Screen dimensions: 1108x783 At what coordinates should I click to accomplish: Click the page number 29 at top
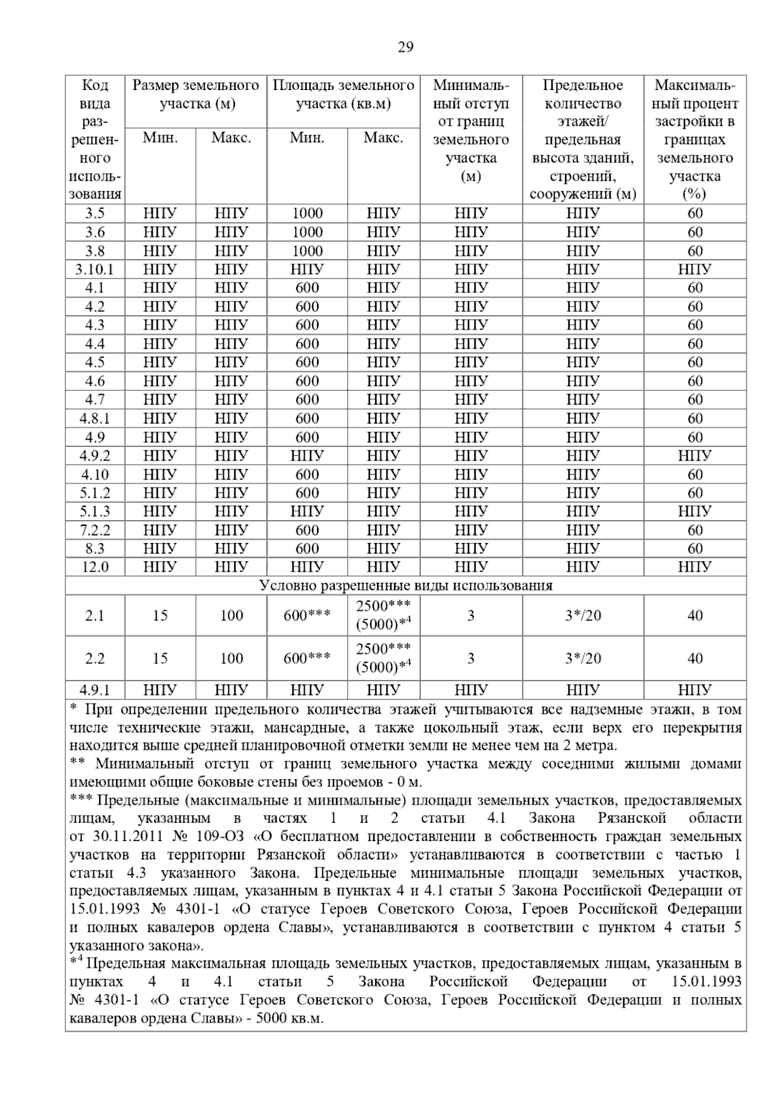point(405,47)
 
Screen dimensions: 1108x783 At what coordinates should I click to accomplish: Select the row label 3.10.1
point(95,269)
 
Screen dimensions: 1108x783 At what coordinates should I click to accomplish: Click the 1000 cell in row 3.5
point(307,213)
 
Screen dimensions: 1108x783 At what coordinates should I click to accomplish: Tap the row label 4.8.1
point(95,418)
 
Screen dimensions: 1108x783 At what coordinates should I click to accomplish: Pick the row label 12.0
point(95,567)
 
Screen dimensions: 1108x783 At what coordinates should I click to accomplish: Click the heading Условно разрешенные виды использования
point(405,585)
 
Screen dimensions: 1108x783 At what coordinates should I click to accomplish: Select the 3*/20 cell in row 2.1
point(583,615)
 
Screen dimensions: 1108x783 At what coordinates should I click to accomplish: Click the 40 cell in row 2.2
point(695,658)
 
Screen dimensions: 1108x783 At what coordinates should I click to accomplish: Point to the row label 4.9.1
point(95,690)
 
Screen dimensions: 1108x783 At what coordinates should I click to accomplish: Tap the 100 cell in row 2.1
point(231,615)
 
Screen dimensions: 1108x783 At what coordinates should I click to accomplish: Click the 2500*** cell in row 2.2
point(383,649)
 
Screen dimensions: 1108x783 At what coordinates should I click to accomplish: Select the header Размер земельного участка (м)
point(196,95)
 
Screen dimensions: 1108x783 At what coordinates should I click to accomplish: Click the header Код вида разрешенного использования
point(95,139)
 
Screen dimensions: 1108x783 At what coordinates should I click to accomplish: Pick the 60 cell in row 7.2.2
point(695,530)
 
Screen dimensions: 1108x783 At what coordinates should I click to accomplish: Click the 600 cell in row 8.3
point(307,548)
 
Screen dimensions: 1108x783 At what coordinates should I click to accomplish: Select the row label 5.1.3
point(95,511)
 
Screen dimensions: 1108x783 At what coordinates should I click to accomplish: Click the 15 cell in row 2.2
point(160,658)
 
